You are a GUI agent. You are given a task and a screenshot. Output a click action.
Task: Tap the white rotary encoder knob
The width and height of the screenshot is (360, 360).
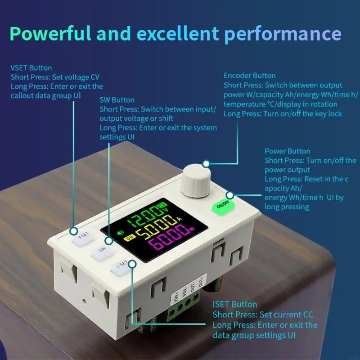196,181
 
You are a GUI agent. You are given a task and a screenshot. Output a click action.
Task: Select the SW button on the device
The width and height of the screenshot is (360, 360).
102,252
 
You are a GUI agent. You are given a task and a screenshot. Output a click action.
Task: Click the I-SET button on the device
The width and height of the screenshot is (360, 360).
121,267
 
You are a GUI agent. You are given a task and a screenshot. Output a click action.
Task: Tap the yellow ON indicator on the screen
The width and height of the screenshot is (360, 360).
129,238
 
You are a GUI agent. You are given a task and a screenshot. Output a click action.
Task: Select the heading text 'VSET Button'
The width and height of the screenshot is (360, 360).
31,68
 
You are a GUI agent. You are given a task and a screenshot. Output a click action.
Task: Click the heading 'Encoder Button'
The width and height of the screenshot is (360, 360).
250,76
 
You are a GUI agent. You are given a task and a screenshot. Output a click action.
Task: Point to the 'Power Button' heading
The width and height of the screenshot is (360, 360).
287,151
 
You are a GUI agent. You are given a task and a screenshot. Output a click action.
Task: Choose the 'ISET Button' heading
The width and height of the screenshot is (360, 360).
234,305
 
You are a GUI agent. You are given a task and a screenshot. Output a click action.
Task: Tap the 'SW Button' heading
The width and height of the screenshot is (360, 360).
117,100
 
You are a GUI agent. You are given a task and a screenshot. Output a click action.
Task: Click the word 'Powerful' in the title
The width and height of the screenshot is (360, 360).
50,33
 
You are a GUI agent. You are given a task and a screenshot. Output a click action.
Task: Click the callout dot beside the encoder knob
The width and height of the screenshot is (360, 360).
206,164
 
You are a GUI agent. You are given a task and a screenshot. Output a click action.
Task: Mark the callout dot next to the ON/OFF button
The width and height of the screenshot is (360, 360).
230,195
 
